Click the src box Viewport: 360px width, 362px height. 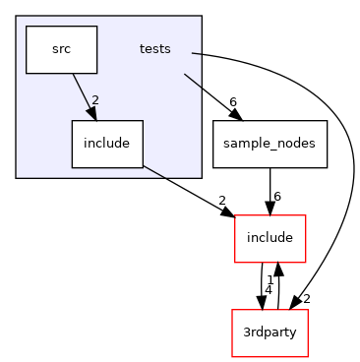[61, 49]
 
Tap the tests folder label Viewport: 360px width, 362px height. [154, 49]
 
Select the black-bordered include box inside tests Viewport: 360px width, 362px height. [107, 144]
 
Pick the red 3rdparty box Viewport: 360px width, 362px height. [269, 333]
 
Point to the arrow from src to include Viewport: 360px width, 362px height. [83, 96]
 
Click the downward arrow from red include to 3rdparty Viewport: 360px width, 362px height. [262, 286]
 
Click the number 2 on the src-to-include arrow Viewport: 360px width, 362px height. [95, 100]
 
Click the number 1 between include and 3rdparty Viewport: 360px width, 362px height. [270, 279]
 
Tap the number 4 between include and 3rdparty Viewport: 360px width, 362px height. [267, 291]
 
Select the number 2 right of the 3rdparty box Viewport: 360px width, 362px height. [307, 298]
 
